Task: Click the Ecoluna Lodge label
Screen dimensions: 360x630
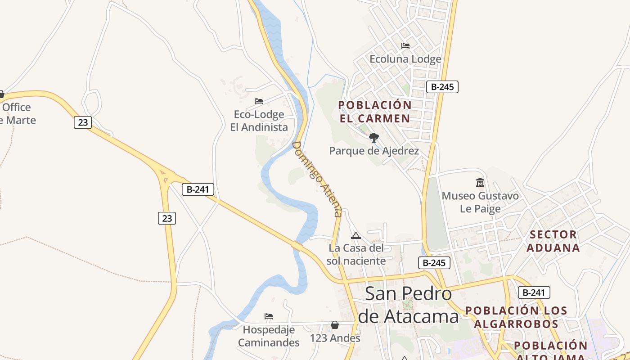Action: pyautogui.click(x=405, y=59)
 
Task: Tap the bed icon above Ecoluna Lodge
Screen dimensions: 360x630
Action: pyautogui.click(x=405, y=46)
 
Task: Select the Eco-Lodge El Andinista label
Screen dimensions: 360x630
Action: pyautogui.click(x=259, y=121)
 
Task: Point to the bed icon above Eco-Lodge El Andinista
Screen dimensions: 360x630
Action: pyautogui.click(x=258, y=101)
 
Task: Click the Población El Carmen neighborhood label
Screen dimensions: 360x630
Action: pyautogui.click(x=375, y=112)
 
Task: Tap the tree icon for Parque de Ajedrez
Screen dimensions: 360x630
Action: pyautogui.click(x=373, y=137)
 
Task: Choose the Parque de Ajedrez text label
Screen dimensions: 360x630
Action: pyautogui.click(x=374, y=151)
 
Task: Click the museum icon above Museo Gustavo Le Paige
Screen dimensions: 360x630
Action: pyautogui.click(x=480, y=183)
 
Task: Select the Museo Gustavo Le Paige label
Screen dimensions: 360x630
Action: pyautogui.click(x=480, y=202)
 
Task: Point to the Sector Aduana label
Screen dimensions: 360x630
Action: pyautogui.click(x=553, y=241)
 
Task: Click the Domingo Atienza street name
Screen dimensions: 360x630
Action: pyautogui.click(x=317, y=179)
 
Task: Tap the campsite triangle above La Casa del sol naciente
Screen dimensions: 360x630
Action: pyautogui.click(x=356, y=235)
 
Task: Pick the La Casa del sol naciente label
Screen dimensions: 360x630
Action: pyautogui.click(x=356, y=254)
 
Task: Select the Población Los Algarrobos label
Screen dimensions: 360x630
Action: pyautogui.click(x=516, y=317)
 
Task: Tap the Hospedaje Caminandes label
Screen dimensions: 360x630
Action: pyautogui.click(x=269, y=336)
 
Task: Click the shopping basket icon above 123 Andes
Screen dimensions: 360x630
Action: pyautogui.click(x=335, y=325)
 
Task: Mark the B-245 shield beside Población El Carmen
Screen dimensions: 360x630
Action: pyautogui.click(x=442, y=87)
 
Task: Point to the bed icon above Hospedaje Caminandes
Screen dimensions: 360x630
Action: pyautogui.click(x=269, y=316)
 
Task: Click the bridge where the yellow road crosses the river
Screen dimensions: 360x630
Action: pyautogui.click(x=297, y=245)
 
